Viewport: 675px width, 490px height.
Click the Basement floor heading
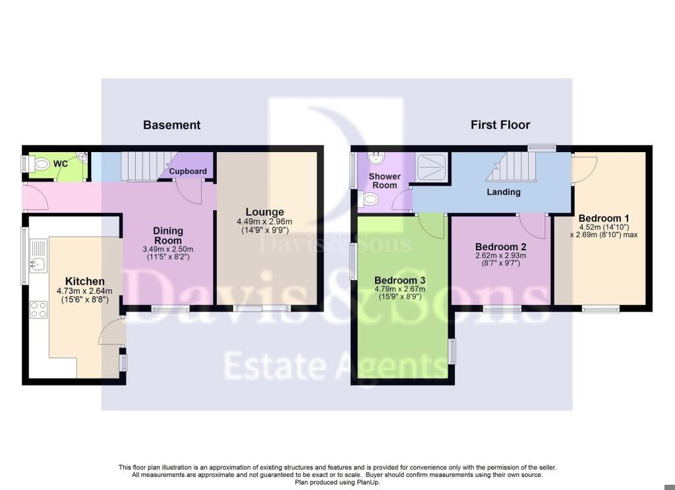pyautogui.click(x=171, y=125)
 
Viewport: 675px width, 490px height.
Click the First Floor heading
pyautogui.click(x=500, y=125)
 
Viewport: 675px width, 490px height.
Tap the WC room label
pyautogui.click(x=61, y=163)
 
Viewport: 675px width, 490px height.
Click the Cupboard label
pyautogui.click(x=188, y=171)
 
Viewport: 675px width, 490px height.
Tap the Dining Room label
pyautogui.click(x=168, y=236)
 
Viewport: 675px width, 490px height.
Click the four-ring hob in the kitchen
pyautogui.click(x=39, y=309)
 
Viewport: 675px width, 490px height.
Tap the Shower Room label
pyautogui.click(x=384, y=180)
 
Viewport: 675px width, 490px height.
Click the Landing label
pyautogui.click(x=504, y=192)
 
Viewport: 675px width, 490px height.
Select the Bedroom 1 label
pyautogui.click(x=604, y=218)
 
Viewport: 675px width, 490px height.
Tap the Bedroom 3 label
pyautogui.click(x=399, y=280)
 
